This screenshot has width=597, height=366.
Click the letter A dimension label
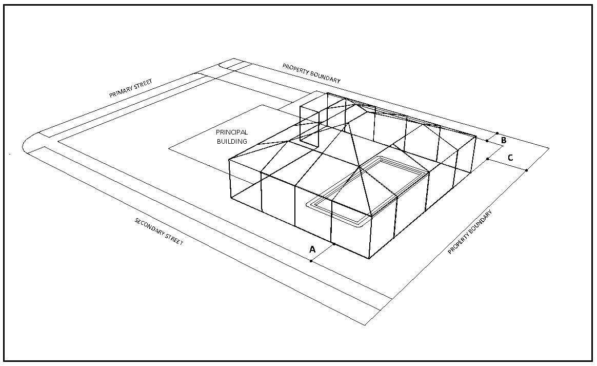click(x=312, y=249)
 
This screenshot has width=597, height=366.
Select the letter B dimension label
click(x=504, y=140)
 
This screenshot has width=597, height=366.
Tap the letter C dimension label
click(x=510, y=158)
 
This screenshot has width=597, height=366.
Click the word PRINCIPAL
click(x=232, y=132)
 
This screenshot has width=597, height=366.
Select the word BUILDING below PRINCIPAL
click(x=232, y=142)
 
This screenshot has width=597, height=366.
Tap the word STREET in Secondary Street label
click(x=174, y=240)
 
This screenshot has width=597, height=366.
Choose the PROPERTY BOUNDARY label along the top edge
click(x=311, y=73)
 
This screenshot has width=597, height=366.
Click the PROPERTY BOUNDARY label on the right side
click(x=470, y=232)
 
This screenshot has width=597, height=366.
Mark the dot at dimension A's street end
click(x=311, y=261)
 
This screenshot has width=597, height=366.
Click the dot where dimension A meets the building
click(x=334, y=244)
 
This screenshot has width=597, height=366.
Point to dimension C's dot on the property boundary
click(x=527, y=170)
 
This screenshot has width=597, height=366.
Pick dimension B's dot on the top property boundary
click(x=497, y=133)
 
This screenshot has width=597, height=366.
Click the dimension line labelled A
click(x=323, y=253)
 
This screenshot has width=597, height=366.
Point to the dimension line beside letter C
click(x=507, y=164)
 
